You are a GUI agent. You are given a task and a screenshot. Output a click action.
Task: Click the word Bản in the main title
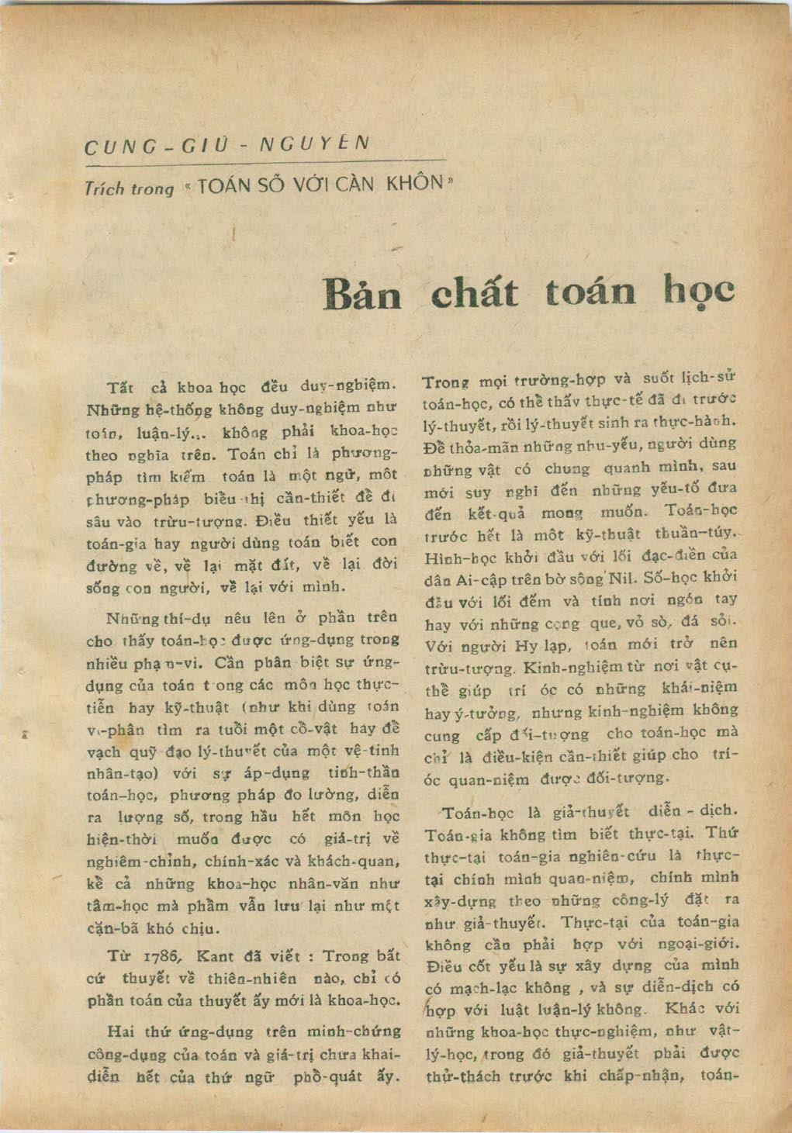pos(365,293)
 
